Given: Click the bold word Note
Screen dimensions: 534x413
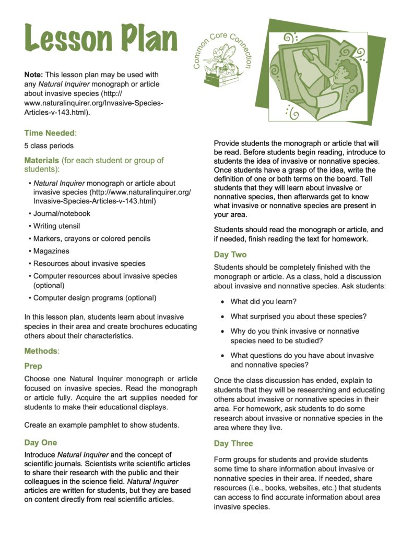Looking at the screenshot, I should coord(33,75).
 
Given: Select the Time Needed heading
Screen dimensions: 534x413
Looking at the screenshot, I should coord(50,133).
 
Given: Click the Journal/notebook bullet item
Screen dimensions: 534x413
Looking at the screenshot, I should coord(62,213).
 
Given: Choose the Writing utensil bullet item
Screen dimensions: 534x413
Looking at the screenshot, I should coord(56,226).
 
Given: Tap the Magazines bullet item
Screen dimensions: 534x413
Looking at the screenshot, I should coord(51,251).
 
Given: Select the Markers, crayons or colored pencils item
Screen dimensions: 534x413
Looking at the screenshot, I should coord(91,238).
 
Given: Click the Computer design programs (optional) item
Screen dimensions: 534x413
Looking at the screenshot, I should coord(95,298).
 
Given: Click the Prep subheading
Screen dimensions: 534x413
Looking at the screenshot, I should coord(33,366).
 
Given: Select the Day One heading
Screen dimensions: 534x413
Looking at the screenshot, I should coord(41,443).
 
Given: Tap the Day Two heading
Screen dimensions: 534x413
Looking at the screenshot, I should coord(230,254).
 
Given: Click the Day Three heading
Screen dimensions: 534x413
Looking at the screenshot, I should coord(233,443).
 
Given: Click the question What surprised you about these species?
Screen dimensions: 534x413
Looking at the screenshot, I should coord(299,317).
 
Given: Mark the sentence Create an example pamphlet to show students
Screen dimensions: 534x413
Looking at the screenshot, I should coord(102,424).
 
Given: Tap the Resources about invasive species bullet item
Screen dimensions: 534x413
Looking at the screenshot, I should coord(89,263).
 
